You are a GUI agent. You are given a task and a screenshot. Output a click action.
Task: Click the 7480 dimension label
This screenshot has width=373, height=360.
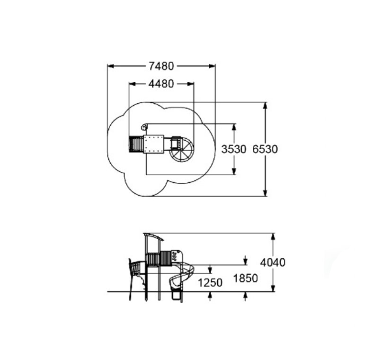[x=161, y=66]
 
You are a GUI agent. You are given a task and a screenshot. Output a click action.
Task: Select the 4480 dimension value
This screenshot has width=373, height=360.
[x=161, y=84]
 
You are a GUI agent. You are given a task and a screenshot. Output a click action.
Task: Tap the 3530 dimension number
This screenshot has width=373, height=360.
[x=234, y=149]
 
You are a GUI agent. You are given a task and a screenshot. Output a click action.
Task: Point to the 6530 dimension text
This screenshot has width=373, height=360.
[x=265, y=149]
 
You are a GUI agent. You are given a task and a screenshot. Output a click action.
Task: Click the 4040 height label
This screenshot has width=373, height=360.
[x=273, y=262]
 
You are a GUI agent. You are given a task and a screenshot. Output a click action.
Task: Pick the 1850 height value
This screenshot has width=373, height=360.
[x=246, y=278]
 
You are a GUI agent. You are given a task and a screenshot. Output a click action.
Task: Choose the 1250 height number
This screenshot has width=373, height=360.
[x=210, y=283]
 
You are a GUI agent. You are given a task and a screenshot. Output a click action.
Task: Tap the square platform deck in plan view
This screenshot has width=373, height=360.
[x=154, y=144]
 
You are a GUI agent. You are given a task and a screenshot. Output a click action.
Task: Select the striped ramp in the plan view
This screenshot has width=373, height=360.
[x=136, y=144]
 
